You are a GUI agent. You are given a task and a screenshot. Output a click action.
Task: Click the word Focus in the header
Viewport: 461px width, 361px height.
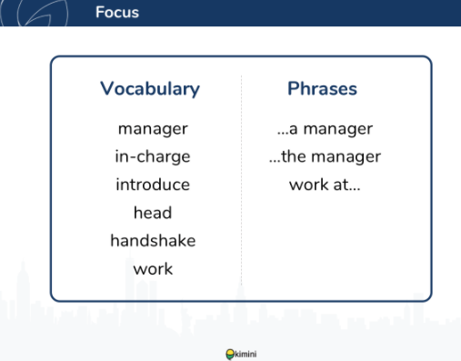(x=117, y=13)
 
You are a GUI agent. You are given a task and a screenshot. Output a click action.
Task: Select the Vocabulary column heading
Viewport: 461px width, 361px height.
(x=150, y=89)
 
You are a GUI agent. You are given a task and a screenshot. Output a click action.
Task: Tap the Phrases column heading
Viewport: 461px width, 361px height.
(x=322, y=88)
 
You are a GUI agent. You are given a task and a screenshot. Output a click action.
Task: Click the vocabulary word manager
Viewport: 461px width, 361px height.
(x=153, y=129)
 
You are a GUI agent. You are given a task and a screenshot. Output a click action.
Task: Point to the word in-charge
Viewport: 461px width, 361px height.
(x=153, y=157)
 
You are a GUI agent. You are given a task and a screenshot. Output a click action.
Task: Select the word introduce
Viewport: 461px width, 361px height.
(x=153, y=185)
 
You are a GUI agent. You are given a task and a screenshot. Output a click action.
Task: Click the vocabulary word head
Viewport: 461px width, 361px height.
(x=153, y=213)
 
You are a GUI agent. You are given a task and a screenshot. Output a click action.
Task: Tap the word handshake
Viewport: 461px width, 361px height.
(x=153, y=241)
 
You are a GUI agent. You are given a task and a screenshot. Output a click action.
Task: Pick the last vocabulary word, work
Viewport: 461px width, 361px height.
(x=153, y=269)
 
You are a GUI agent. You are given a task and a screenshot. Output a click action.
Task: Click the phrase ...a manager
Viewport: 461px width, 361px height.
(x=325, y=129)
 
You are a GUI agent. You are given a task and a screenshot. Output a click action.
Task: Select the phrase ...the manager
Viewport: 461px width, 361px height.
(x=325, y=157)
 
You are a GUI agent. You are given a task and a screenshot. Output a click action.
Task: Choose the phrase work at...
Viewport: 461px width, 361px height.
(x=325, y=185)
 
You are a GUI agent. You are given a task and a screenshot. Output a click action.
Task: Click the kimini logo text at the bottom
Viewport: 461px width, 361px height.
(x=246, y=354)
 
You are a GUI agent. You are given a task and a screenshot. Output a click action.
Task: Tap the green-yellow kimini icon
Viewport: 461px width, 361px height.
(x=230, y=355)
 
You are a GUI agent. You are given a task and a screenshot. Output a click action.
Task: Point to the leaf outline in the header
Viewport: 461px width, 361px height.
(x=43, y=14)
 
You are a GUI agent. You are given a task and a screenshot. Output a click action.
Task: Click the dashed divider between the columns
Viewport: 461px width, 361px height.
(x=242, y=180)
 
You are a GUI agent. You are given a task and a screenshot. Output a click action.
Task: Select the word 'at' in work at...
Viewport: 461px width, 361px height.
(x=341, y=185)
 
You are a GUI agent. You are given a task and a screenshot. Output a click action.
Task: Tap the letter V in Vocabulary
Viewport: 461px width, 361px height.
(x=107, y=88)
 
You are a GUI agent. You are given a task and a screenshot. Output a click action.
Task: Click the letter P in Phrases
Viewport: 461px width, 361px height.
(x=293, y=88)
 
